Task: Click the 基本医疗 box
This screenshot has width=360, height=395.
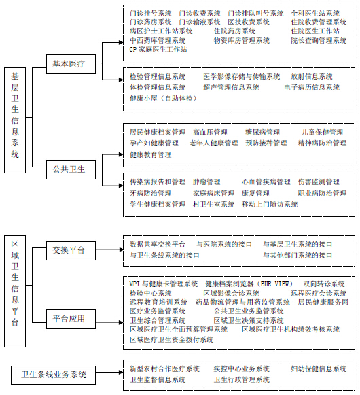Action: (71, 64)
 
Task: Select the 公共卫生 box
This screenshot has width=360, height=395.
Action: (71, 170)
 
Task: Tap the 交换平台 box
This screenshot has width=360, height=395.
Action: (71, 251)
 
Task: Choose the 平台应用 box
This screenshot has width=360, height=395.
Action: (71, 319)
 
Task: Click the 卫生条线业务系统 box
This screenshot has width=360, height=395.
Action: (54, 375)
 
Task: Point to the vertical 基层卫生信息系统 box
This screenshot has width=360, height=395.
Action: (15, 120)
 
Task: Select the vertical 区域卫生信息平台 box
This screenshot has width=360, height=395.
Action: (15, 291)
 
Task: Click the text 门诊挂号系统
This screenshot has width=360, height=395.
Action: (151, 13)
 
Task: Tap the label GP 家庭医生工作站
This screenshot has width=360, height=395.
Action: (158, 49)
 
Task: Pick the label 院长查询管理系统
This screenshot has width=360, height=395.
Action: (319, 40)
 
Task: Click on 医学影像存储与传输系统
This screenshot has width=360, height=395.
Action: (241, 76)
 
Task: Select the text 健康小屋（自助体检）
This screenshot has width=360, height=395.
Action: (163, 98)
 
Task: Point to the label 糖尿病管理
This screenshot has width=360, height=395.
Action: (262, 133)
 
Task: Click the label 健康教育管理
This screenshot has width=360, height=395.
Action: (151, 154)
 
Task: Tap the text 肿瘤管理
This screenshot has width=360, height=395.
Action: (206, 182)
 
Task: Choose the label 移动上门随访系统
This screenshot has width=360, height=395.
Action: (270, 205)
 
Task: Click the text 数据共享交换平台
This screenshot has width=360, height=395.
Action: (158, 244)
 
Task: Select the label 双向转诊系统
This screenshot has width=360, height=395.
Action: (324, 284)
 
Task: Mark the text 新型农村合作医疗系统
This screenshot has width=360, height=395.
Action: (164, 368)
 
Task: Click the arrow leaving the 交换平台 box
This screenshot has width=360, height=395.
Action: (109, 250)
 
